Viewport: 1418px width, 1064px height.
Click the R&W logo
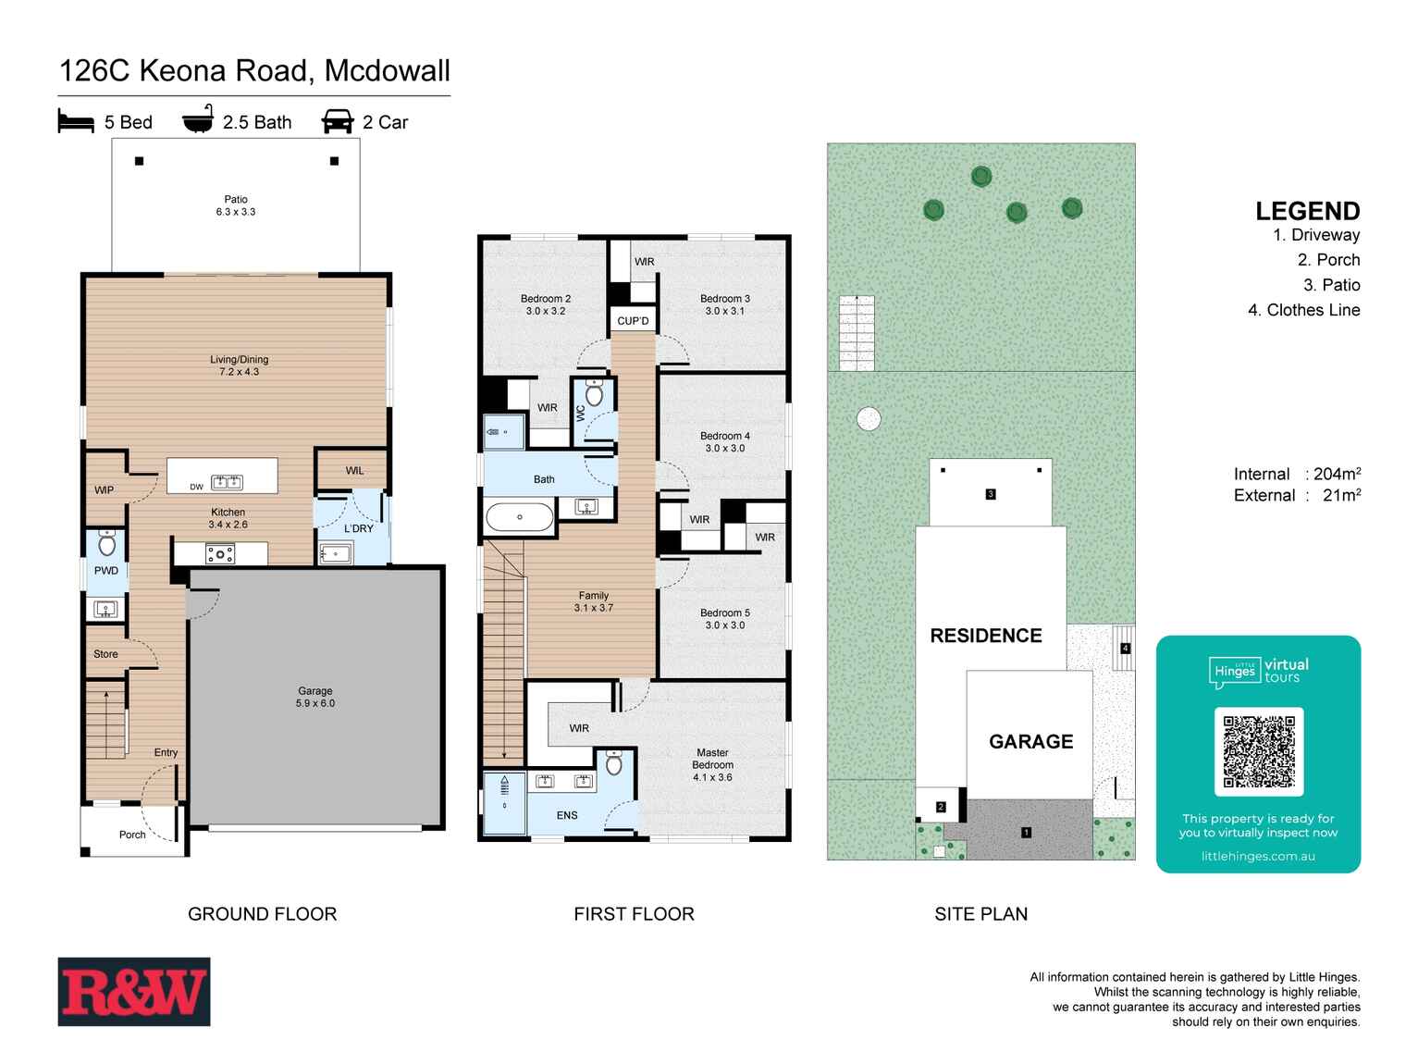coord(134,991)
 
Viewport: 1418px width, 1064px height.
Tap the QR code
coord(1258,751)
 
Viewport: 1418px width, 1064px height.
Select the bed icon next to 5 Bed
coord(76,121)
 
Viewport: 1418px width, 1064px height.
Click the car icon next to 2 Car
coord(338,121)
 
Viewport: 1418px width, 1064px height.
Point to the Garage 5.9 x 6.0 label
coord(315,697)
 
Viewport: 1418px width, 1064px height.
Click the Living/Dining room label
coord(239,365)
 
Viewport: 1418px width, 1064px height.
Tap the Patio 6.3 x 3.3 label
coord(236,205)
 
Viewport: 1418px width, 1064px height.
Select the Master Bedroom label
coord(712,764)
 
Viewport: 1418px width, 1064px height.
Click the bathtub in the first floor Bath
coord(519,516)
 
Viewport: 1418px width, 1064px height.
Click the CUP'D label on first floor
coord(633,321)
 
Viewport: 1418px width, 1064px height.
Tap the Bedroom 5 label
coord(724,618)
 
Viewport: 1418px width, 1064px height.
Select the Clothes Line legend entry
coord(1303,310)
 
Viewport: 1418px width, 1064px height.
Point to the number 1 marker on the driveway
coord(1026,832)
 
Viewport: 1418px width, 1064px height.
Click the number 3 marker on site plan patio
coord(990,494)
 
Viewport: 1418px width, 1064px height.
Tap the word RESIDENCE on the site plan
coord(985,636)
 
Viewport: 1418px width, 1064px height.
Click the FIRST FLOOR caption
coord(634,914)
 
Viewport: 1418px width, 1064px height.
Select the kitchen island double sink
coord(227,482)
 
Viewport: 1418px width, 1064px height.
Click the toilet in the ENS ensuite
coord(614,764)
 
